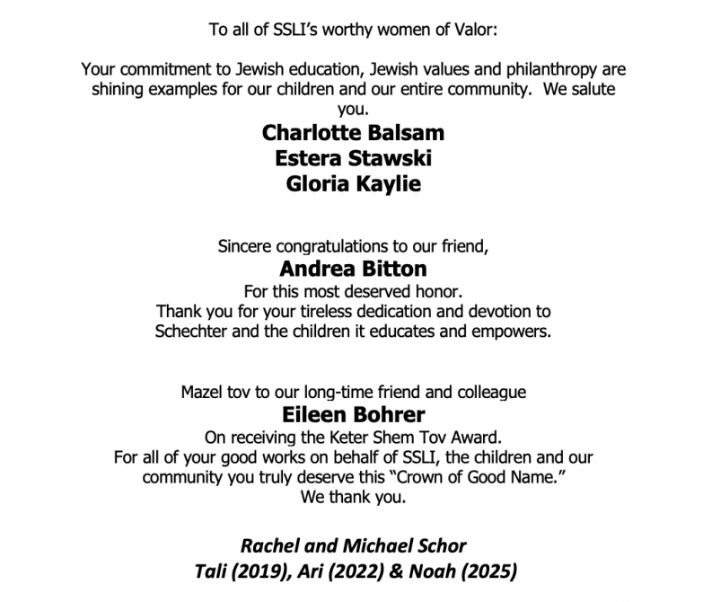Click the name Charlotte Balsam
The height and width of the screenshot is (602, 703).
click(353, 133)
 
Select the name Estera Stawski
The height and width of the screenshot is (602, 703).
click(353, 159)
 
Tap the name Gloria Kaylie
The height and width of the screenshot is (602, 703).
click(353, 185)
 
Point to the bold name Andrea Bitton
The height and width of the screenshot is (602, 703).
click(353, 269)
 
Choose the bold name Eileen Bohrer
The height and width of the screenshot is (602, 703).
click(353, 415)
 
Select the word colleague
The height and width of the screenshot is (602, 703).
click(491, 393)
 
